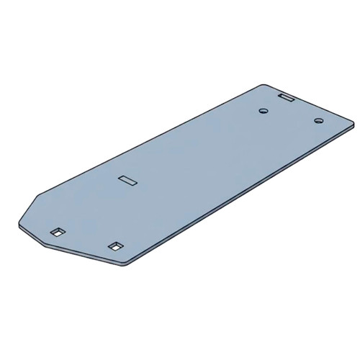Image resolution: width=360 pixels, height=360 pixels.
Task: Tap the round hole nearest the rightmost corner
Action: pos(317,120)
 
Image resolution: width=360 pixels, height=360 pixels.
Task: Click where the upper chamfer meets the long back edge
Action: pos(40,194)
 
